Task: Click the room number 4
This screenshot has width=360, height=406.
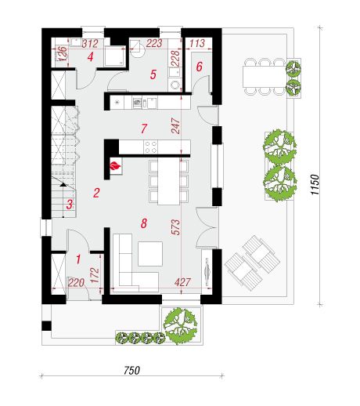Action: tap(90, 56)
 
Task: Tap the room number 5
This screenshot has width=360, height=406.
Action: tap(153, 74)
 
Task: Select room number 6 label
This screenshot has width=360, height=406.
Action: tap(199, 67)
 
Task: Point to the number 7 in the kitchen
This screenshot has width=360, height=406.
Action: tap(144, 129)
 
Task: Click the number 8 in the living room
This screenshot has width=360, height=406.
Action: tap(144, 223)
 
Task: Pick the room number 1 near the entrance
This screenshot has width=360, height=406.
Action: tap(78, 259)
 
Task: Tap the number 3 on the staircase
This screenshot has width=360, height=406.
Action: tap(70, 205)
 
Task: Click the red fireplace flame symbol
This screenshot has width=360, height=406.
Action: tap(116, 165)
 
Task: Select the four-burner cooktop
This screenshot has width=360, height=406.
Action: tap(151, 147)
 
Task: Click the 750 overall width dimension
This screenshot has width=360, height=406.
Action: tap(131, 370)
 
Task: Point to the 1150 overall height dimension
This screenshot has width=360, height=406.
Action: tap(315, 184)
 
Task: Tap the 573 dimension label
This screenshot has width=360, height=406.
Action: tap(176, 227)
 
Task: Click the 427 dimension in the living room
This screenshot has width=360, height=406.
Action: tap(182, 282)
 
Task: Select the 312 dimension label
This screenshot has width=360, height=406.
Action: tap(90, 43)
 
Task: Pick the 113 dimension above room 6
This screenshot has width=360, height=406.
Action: tap(197, 43)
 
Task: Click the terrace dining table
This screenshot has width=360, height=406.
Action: tap(263, 77)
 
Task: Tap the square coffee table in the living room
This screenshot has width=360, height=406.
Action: tap(150, 254)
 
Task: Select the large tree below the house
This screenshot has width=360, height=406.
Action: tap(180, 325)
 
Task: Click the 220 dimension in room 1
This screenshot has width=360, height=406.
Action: tap(76, 283)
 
